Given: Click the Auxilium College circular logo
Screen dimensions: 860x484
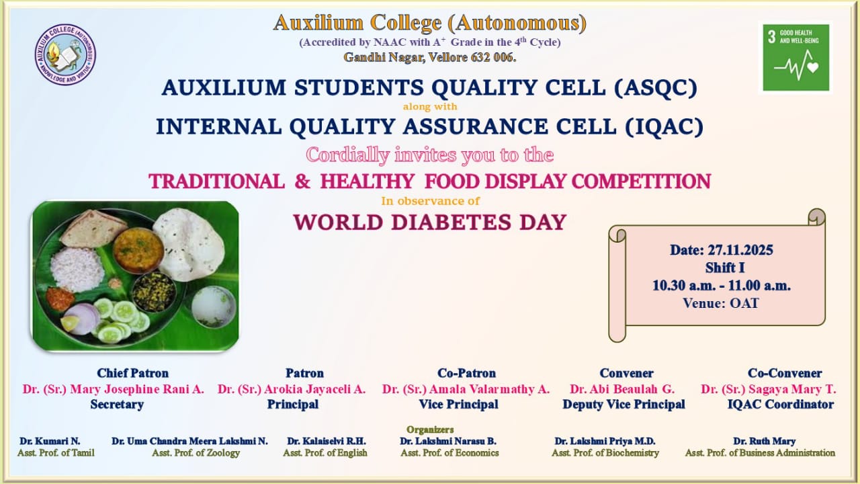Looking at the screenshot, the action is click(65, 54).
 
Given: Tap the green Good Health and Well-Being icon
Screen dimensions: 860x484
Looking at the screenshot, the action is click(796, 58).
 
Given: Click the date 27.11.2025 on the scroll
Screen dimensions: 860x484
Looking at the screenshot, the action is click(740, 250).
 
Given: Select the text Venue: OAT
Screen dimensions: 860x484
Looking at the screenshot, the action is click(721, 303).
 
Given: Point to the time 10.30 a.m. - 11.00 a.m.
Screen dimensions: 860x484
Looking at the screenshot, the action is click(722, 286).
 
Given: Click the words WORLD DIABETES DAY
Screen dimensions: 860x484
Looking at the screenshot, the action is click(430, 222).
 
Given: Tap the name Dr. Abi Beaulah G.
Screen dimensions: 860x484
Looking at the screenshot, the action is click(622, 389).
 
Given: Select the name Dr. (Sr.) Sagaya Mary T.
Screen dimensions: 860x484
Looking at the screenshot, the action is click(768, 389).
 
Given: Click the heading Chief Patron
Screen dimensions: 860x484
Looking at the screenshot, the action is click(132, 373).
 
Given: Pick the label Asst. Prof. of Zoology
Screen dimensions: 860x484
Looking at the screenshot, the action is click(196, 453).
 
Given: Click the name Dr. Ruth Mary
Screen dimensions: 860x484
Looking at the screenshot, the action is click(764, 441).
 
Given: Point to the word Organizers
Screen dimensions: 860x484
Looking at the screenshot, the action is click(430, 429).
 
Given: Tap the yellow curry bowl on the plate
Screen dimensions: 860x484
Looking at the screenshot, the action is click(138, 250).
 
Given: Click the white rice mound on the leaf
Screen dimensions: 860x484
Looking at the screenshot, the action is click(77, 269).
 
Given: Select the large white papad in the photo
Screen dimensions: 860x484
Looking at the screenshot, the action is click(189, 244).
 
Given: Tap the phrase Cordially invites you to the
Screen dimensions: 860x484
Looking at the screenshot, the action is click(429, 155).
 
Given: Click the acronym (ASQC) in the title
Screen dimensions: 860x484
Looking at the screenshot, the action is click(656, 87).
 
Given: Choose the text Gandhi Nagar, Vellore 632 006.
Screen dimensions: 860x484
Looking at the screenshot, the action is click(429, 57).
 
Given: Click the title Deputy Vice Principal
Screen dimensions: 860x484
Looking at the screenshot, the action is click(624, 404).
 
